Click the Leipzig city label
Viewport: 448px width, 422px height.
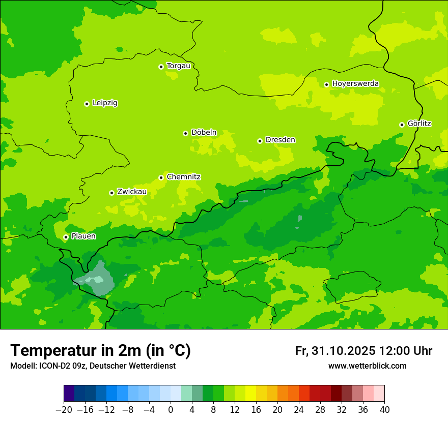coord(105,103)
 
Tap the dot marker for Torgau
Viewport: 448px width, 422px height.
coord(161,67)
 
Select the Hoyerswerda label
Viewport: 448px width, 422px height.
coord(355,83)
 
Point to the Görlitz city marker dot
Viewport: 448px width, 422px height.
coord(402,125)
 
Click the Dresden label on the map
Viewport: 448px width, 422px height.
coord(280,140)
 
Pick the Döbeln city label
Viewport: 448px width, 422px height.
coord(204,132)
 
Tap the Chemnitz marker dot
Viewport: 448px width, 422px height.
coord(161,177)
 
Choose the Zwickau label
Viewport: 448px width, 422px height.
coord(132,192)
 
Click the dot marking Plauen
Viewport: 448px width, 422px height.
coord(66,237)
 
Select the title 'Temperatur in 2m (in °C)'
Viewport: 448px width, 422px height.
coord(100,350)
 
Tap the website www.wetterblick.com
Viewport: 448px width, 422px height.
coord(367,366)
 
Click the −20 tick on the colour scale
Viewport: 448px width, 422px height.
coord(64,410)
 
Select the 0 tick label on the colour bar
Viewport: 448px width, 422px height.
coord(171,410)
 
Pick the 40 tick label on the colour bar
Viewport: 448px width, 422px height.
coord(384,410)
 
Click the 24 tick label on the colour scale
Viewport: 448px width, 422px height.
coord(299,410)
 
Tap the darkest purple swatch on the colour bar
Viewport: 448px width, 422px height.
coord(69,393)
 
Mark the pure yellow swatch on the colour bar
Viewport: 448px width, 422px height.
coord(250,393)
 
